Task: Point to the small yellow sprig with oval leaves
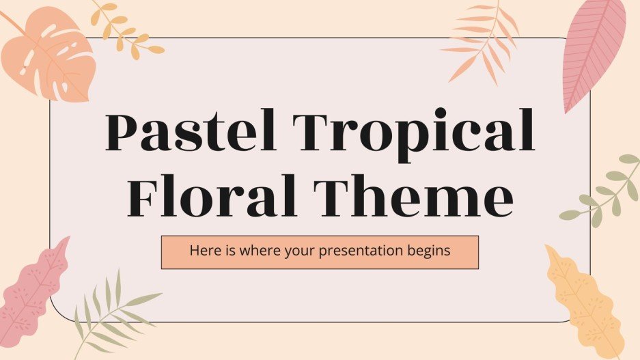tap(126, 29)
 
